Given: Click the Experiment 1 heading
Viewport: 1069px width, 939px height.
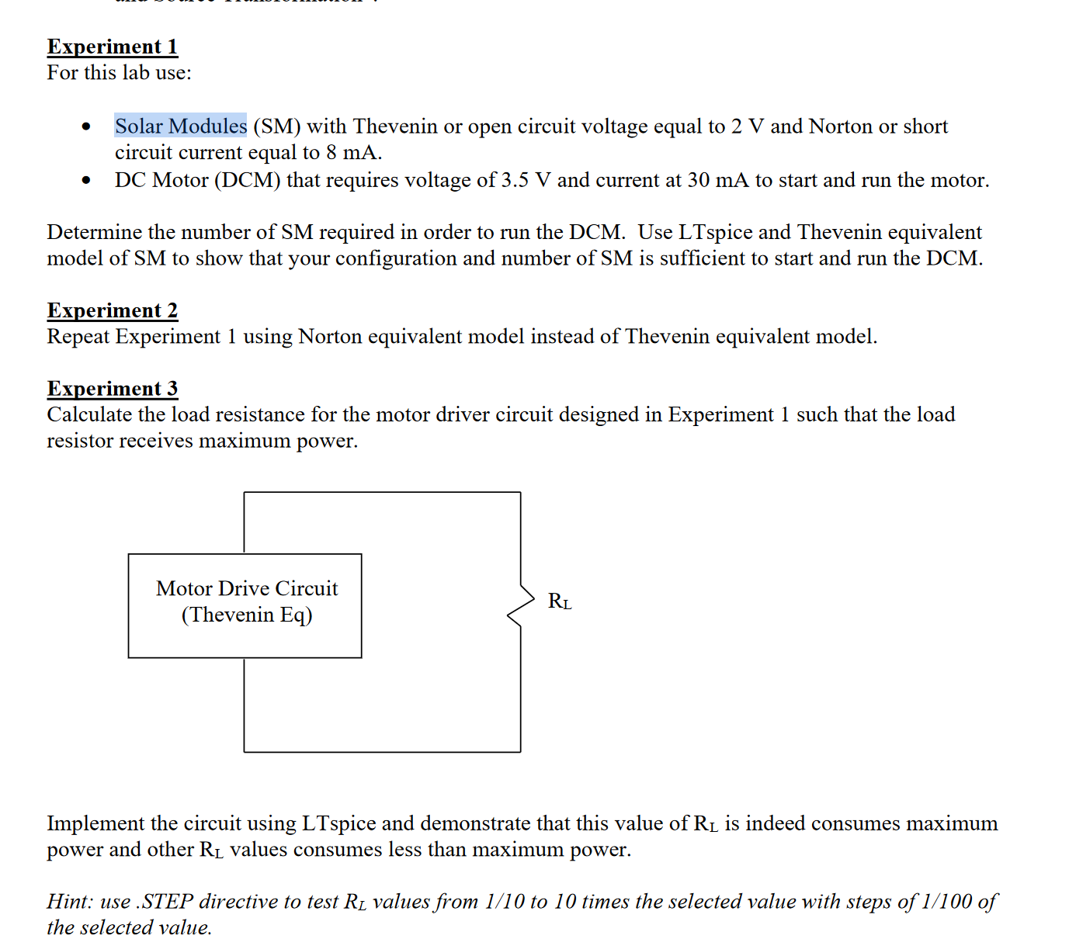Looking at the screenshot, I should tap(112, 47).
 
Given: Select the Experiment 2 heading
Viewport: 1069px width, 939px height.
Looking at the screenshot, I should tap(112, 310).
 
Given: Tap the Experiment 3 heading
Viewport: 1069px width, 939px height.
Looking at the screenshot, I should tap(112, 388).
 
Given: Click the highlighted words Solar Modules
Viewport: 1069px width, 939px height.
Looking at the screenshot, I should tap(181, 126).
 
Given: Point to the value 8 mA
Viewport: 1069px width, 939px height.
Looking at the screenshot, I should tap(352, 152).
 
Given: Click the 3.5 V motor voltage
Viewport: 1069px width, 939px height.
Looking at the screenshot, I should tap(526, 180).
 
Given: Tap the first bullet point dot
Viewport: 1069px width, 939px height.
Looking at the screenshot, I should tap(86, 126).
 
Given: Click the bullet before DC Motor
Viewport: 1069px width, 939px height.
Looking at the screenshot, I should tap(86, 181).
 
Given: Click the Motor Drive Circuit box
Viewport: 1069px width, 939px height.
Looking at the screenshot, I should tap(245, 605).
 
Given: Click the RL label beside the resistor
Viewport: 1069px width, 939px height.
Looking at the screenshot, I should tap(560, 601).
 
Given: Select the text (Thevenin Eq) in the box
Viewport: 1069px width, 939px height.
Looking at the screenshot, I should tap(247, 615).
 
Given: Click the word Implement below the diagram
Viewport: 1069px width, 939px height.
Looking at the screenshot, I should tap(95, 823).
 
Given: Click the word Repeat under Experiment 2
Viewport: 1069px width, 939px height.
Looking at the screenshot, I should tap(78, 336).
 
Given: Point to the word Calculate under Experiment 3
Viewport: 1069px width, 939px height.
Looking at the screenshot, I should tap(89, 414).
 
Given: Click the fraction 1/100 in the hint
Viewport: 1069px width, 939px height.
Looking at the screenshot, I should tap(946, 901).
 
